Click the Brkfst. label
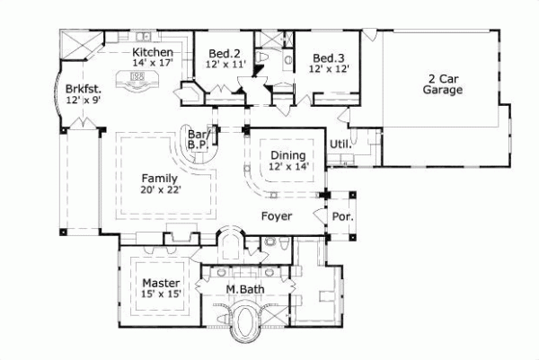coord(83,89)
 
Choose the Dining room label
coord(288,154)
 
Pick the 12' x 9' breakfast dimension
coord(83,101)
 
